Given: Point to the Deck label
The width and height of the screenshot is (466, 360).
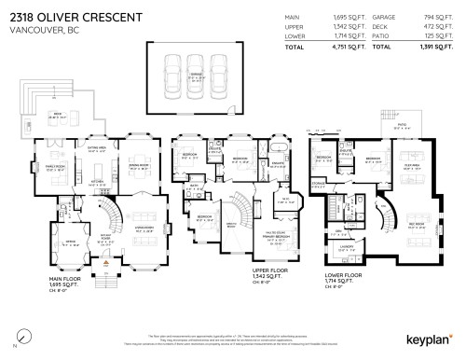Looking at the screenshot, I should pyautogui.click(x=55, y=115).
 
